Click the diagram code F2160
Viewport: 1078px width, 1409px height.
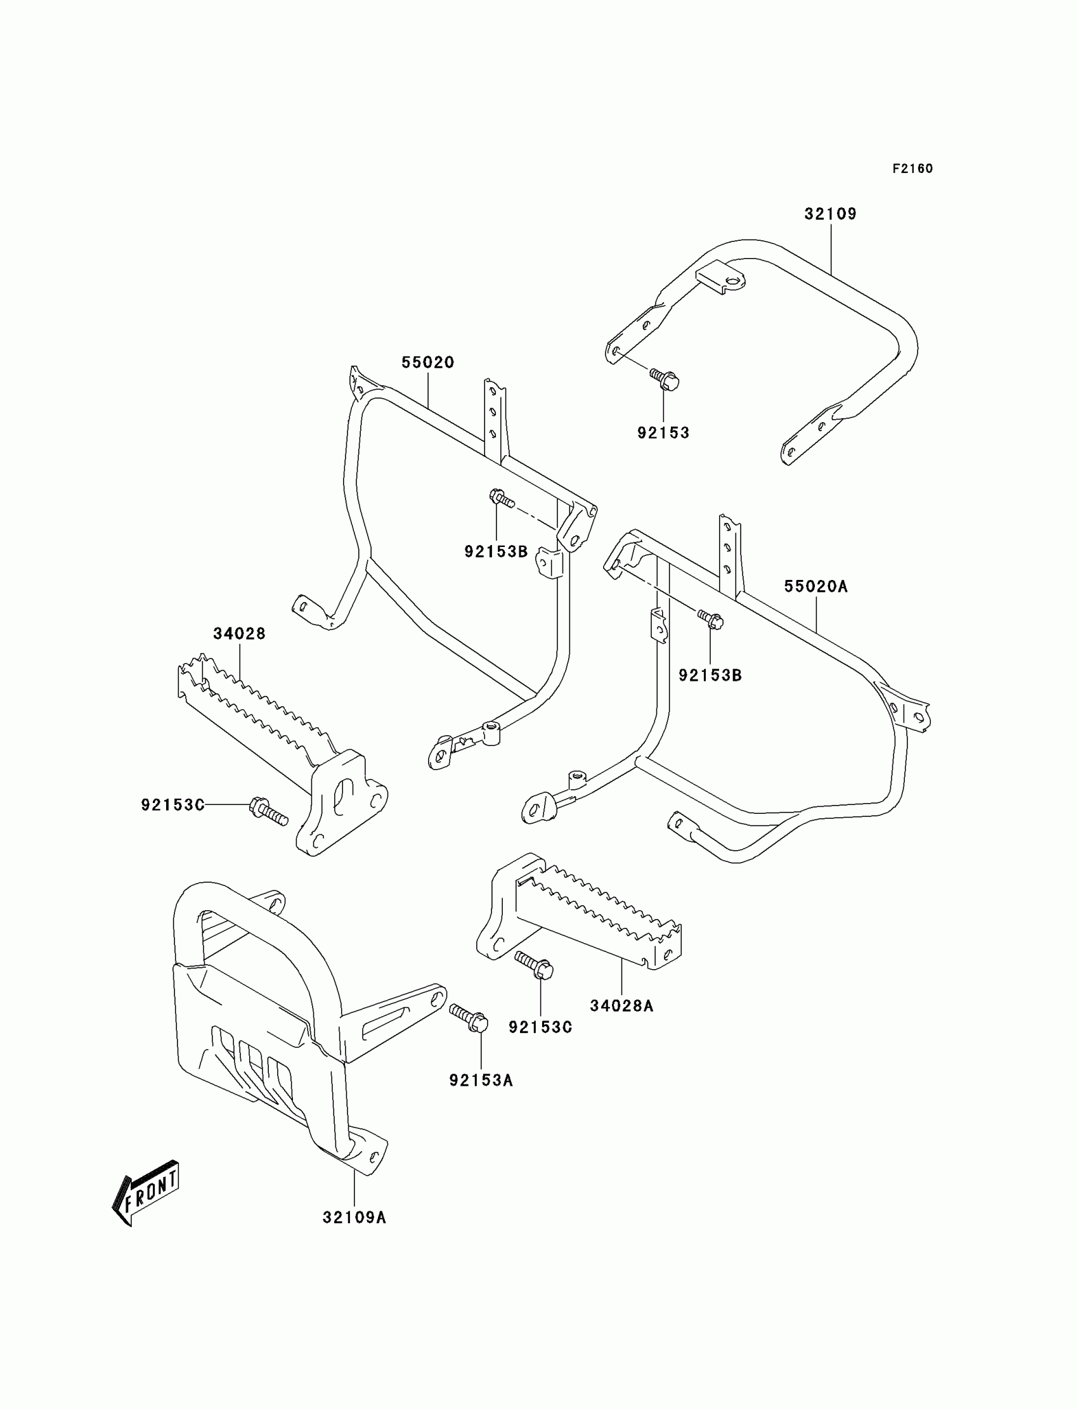point(912,169)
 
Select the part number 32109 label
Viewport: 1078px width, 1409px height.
point(830,214)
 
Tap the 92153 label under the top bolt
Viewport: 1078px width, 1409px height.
point(663,433)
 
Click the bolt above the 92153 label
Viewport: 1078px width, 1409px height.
point(665,380)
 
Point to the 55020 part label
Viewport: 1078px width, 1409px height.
point(428,363)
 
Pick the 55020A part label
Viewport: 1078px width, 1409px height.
point(815,586)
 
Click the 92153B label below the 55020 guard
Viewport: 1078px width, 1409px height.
point(496,551)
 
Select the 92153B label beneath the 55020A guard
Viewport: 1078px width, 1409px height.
point(710,675)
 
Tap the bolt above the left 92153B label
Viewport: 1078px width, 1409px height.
point(501,498)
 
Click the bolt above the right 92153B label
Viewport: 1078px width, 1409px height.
point(711,619)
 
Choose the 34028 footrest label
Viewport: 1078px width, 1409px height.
point(239,634)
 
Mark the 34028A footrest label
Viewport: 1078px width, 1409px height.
point(621,1006)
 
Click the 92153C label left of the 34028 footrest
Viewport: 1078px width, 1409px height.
point(172,804)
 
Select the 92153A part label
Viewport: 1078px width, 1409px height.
point(481,1081)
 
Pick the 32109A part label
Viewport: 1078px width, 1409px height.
point(354,1217)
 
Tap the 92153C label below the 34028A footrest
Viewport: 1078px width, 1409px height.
point(540,1027)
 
